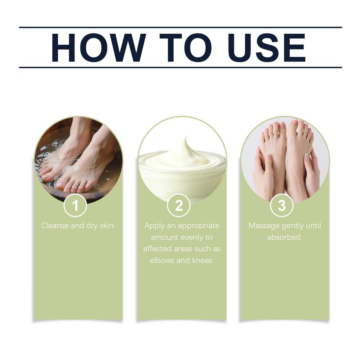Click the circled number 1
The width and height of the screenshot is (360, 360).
75,205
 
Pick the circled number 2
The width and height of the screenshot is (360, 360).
179,205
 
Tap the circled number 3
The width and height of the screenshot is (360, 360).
282,205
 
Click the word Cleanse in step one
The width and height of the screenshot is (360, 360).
55,225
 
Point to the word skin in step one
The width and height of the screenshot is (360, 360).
107,225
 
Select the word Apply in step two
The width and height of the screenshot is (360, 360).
154,225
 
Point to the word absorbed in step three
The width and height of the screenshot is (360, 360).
284,237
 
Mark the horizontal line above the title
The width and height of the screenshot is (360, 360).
180,27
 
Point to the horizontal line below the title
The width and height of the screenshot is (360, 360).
180,67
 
